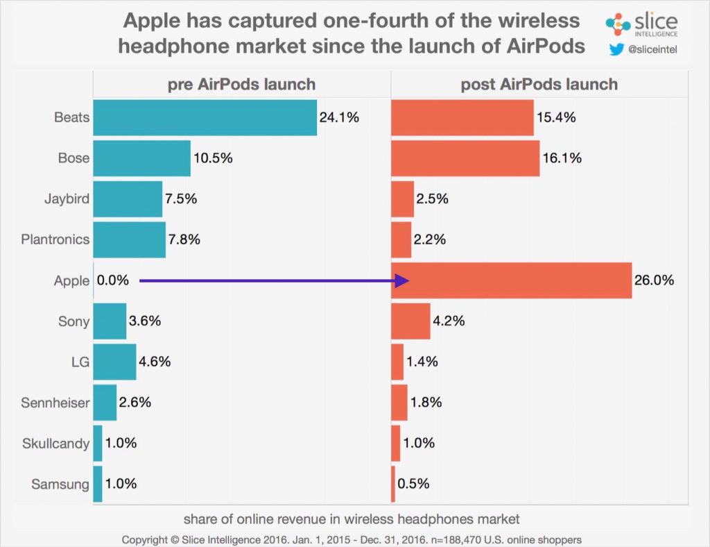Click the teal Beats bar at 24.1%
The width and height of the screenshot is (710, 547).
[205, 117]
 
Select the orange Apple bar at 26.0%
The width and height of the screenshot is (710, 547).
[511, 280]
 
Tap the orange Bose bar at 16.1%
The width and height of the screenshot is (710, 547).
[465, 158]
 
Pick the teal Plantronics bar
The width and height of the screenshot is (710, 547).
[129, 239]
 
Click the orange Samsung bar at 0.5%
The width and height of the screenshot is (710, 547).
[393, 484]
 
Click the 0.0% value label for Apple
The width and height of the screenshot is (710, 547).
[112, 280]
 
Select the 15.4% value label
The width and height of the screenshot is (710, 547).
[556, 117]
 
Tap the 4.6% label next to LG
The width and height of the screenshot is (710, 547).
[155, 362]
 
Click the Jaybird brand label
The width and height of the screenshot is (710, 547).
[67, 199]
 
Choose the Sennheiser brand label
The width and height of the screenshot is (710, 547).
[55, 403]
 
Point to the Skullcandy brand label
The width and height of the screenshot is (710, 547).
[56, 444]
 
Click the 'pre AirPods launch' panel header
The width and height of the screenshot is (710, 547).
[241, 85]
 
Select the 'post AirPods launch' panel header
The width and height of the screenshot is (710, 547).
[539, 85]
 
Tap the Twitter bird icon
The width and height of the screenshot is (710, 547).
[615, 49]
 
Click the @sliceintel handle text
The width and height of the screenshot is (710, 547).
[652, 49]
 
